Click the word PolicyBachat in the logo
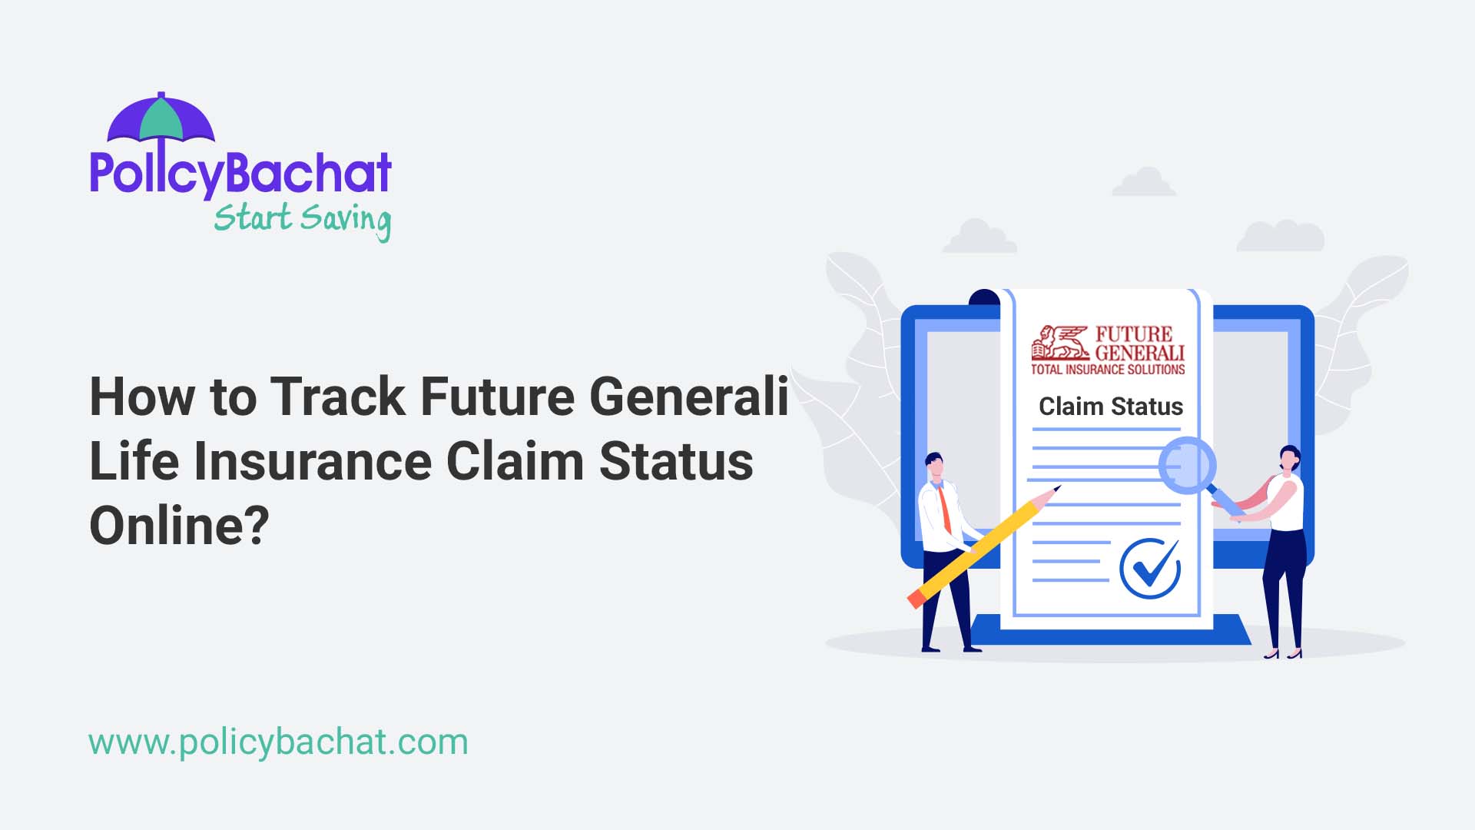(x=240, y=173)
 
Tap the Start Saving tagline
(x=302, y=219)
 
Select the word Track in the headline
(x=337, y=397)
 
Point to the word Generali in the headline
(x=689, y=397)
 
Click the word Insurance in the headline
(x=313, y=462)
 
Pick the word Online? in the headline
(x=179, y=526)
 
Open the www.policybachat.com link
(x=278, y=742)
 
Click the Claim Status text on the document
(x=1110, y=407)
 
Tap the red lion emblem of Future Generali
(x=1059, y=343)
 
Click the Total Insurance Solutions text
(x=1107, y=370)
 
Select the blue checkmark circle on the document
(x=1149, y=569)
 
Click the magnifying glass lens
(x=1186, y=465)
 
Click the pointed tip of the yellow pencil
(x=1056, y=489)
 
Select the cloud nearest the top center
(x=1143, y=183)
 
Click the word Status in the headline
(x=675, y=462)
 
